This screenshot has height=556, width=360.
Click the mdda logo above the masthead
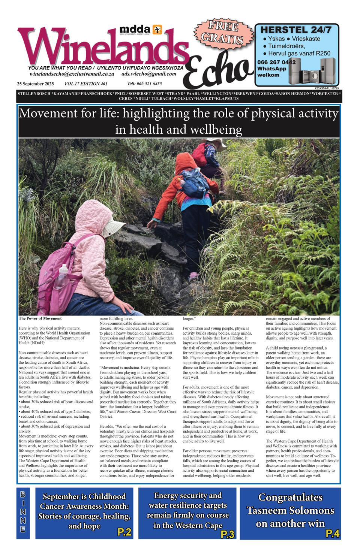tap(140, 30)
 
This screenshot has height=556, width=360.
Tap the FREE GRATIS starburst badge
tap(223, 33)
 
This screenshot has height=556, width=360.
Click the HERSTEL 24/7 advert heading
tap(296, 30)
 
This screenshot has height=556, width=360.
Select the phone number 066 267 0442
tap(276, 62)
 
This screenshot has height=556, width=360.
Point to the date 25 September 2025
tap(35, 84)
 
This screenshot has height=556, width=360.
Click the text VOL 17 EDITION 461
tap(86, 84)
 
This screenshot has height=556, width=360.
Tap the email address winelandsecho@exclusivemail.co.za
tap(72, 74)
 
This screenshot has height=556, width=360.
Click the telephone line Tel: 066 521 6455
tap(144, 84)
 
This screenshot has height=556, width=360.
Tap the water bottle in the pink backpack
tap(62, 276)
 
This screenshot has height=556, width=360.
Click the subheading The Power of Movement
tap(40, 318)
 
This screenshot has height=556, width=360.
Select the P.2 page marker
tap(124, 532)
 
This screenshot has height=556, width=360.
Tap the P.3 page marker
tap(227, 534)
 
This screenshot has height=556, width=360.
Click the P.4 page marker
tap(332, 534)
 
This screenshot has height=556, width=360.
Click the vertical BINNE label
tap(23, 512)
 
